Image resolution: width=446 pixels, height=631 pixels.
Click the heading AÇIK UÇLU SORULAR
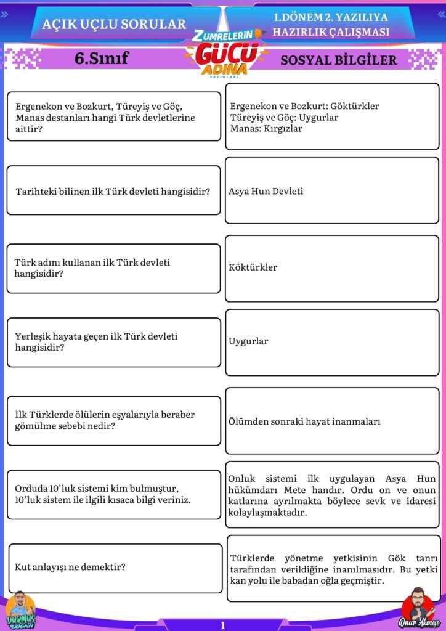pos(114,24)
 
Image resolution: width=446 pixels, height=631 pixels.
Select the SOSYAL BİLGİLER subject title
pos(338,60)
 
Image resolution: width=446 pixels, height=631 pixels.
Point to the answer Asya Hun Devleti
pos(266,191)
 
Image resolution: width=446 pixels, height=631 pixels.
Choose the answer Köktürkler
pos(253,267)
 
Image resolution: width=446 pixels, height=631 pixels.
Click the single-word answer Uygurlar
pos(248,341)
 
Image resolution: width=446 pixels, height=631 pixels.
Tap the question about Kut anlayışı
pos(70,566)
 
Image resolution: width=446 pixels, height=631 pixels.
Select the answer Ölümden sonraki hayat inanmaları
pos(304,421)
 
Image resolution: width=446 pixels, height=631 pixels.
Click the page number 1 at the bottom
pos(222,625)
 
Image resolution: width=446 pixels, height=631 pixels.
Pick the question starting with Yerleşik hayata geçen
pos(95,341)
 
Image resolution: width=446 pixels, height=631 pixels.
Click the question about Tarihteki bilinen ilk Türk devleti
pos(113,191)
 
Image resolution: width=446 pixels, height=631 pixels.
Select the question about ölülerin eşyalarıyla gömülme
pos(104,420)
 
